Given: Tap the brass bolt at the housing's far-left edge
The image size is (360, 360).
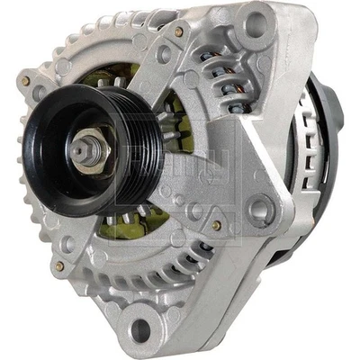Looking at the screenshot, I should pyautogui.click(x=26, y=82).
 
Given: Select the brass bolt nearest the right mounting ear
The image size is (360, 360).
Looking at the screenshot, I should pyautogui.click(x=217, y=225).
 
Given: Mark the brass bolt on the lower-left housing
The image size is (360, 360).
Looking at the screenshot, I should pyautogui.click(x=59, y=266).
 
